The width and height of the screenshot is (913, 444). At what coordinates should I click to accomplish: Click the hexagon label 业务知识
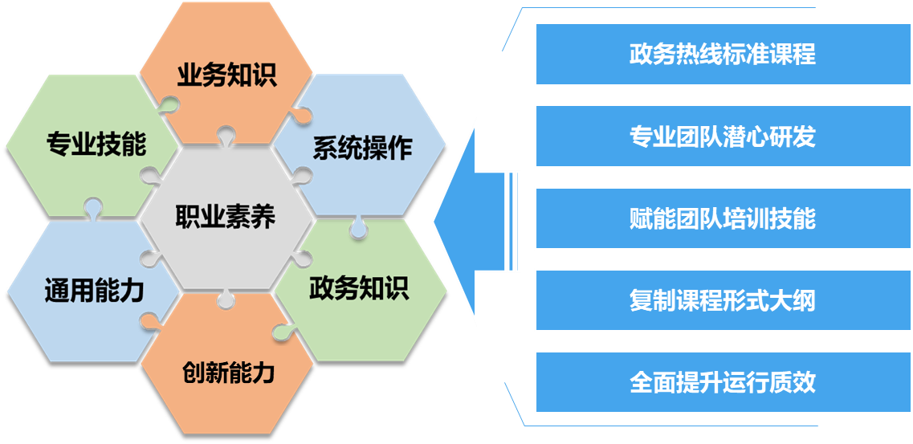226,76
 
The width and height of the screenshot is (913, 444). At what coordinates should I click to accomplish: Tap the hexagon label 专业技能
96,145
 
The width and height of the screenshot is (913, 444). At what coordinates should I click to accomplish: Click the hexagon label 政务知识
359,287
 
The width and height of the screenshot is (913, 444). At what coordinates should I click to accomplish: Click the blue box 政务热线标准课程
722,54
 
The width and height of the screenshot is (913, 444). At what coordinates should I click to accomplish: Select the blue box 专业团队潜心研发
722,136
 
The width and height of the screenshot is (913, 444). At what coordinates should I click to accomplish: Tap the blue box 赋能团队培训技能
722,218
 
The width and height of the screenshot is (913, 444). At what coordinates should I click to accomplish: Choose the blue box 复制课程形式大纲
722,301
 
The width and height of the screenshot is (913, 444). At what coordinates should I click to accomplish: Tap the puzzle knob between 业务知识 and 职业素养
223,136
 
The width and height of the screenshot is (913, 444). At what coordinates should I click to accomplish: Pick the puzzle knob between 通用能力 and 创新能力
149,321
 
